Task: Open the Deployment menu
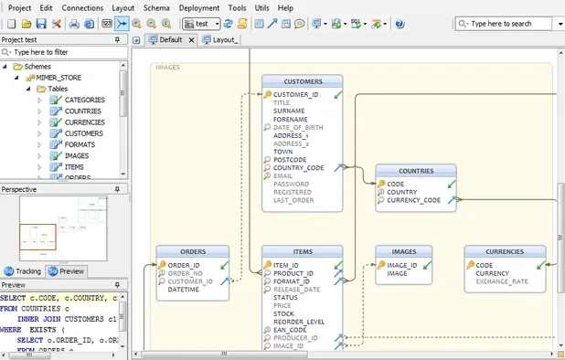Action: [x=198, y=7]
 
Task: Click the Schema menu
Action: [x=156, y=7]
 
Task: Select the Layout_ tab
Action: [x=220, y=40]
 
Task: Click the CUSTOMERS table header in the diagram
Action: [x=303, y=81]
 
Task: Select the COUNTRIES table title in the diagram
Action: [x=416, y=171]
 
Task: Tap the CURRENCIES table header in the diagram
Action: [x=504, y=251]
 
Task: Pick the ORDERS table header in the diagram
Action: [x=192, y=252]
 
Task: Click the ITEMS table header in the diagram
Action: [x=303, y=252]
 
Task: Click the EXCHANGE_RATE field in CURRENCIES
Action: [x=501, y=281]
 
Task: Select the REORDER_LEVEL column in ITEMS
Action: [x=298, y=322]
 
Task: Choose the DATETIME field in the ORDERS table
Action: [x=183, y=290]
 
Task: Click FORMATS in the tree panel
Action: [x=80, y=144]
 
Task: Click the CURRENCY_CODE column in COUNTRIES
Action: [x=414, y=200]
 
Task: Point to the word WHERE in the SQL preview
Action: [x=12, y=330]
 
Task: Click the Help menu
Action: [x=285, y=7]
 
